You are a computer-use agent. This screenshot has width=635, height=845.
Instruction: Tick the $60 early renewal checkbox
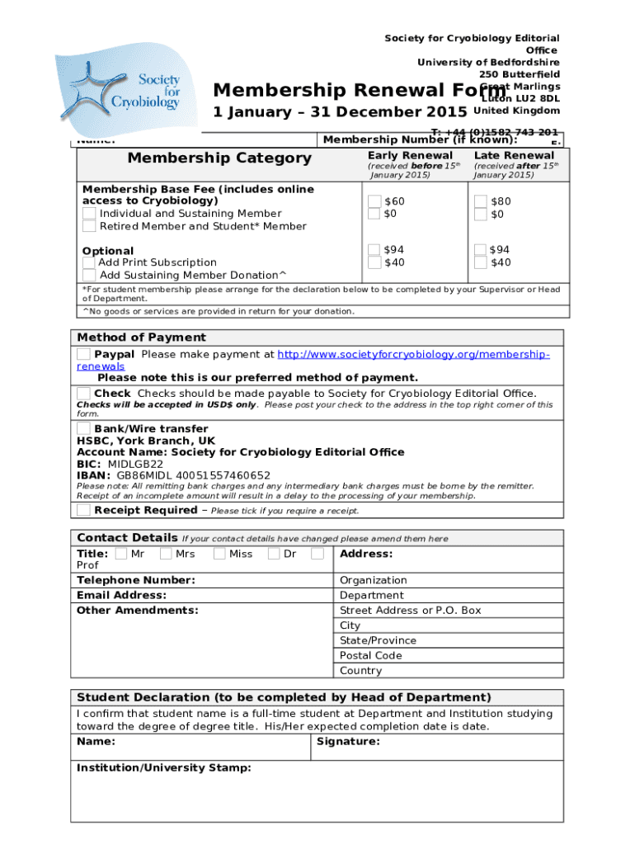pyautogui.click(x=375, y=201)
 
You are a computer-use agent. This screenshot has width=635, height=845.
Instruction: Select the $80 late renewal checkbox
pyautogui.click(x=482, y=201)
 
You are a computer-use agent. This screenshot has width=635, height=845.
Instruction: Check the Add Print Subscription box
pyautogui.click(x=89, y=262)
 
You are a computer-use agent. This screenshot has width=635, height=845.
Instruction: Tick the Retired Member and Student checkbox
pyautogui.click(x=89, y=226)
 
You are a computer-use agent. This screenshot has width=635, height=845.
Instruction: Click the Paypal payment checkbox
pyautogui.click(x=83, y=354)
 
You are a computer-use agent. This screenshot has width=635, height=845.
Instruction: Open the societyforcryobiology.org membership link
pyautogui.click(x=412, y=354)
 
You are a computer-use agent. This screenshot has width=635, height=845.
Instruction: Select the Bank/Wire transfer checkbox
pyautogui.click(x=83, y=428)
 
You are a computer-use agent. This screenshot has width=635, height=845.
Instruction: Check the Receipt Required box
pyautogui.click(x=83, y=510)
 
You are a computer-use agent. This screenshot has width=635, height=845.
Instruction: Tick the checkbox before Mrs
pyautogui.click(x=167, y=554)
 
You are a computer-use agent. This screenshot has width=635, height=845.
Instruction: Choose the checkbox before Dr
pyautogui.click(x=275, y=554)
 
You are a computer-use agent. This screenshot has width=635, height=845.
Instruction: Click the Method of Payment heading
pyautogui.click(x=141, y=338)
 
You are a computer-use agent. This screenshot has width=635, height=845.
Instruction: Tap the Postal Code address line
pyautogui.click(x=370, y=655)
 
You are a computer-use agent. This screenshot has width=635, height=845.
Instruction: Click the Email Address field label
pyautogui.click(x=121, y=595)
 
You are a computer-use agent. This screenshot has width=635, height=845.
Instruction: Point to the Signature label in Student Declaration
pyautogui.click(x=347, y=742)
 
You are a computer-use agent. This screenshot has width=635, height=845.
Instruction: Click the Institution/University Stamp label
pyautogui.click(x=163, y=767)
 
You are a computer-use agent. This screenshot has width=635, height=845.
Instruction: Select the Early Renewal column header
pyautogui.click(x=410, y=155)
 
